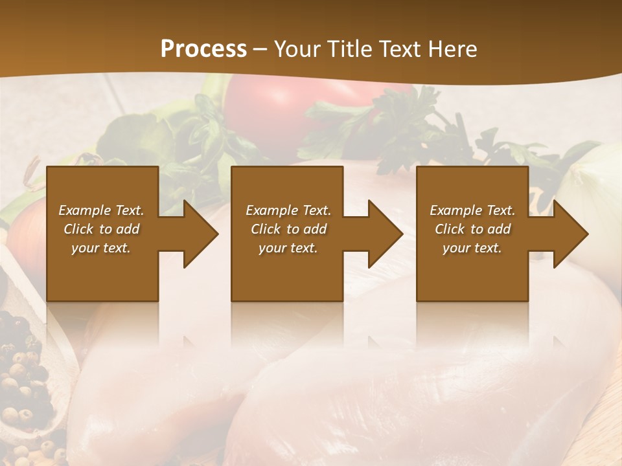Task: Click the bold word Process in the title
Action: (203, 49)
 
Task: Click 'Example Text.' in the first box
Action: (101, 210)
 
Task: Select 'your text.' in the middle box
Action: (288, 248)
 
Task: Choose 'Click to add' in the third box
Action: (472, 229)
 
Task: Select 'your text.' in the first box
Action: (101, 248)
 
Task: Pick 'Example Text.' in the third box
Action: (472, 210)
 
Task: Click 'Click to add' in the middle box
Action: (288, 229)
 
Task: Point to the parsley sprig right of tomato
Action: (402, 123)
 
